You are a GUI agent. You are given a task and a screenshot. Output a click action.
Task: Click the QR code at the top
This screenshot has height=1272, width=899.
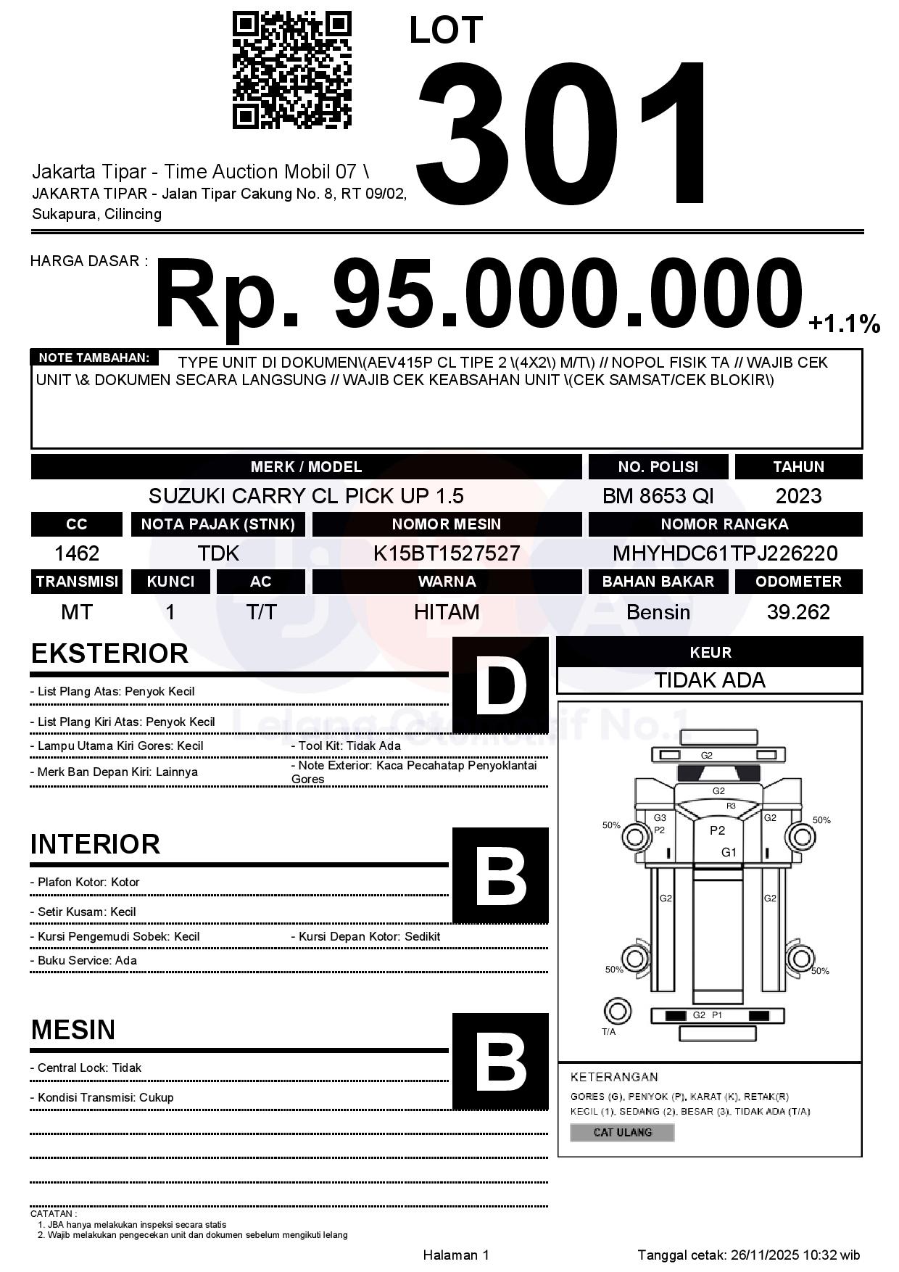(x=291, y=70)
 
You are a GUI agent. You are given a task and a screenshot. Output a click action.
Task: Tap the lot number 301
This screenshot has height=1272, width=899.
(x=562, y=134)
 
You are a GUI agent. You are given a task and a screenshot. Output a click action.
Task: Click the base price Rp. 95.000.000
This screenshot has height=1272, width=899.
(x=478, y=296)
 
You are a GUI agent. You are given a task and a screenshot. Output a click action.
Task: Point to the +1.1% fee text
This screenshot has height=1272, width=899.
(x=844, y=323)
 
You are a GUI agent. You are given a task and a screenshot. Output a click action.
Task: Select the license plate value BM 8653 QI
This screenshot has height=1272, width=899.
(x=658, y=496)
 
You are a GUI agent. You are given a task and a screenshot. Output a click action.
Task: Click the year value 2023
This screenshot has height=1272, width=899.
(x=798, y=496)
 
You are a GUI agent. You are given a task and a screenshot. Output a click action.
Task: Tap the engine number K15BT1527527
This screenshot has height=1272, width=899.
(x=447, y=554)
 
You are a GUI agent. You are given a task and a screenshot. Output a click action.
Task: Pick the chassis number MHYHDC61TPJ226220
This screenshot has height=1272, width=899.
(x=725, y=554)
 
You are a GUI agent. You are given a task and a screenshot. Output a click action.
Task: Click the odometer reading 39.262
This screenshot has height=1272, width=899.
(x=798, y=612)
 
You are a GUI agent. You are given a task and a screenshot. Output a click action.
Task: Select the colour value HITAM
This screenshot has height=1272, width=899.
(x=447, y=612)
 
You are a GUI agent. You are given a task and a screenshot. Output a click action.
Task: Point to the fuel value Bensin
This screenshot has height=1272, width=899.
(x=658, y=612)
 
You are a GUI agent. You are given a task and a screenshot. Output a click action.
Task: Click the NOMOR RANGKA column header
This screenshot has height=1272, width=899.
(x=725, y=524)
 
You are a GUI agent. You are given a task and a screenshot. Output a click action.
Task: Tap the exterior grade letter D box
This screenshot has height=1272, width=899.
(x=500, y=685)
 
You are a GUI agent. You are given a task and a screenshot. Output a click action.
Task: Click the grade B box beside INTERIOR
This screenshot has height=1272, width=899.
(x=500, y=875)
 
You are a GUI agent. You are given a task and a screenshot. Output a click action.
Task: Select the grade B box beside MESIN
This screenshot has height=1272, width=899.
(x=500, y=1061)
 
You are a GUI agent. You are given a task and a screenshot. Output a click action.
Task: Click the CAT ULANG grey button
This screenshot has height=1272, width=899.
(x=622, y=1132)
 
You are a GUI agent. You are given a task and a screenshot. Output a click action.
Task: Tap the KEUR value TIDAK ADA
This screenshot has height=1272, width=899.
(x=710, y=680)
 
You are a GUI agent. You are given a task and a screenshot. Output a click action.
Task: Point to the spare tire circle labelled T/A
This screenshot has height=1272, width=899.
(x=617, y=1010)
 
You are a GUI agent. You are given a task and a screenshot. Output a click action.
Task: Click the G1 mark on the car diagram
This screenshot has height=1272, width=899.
(x=729, y=852)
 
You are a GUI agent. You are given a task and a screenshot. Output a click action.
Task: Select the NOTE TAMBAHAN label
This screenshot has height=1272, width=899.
(x=94, y=358)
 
